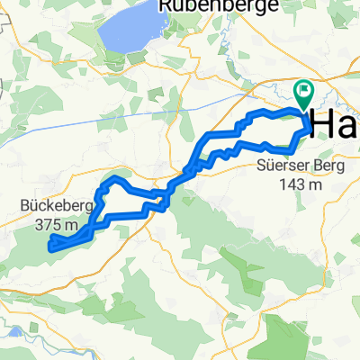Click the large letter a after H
(347, 126)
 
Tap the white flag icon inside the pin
(303, 89)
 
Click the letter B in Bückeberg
(23, 204)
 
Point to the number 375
(44, 223)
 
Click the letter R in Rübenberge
(166, 6)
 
